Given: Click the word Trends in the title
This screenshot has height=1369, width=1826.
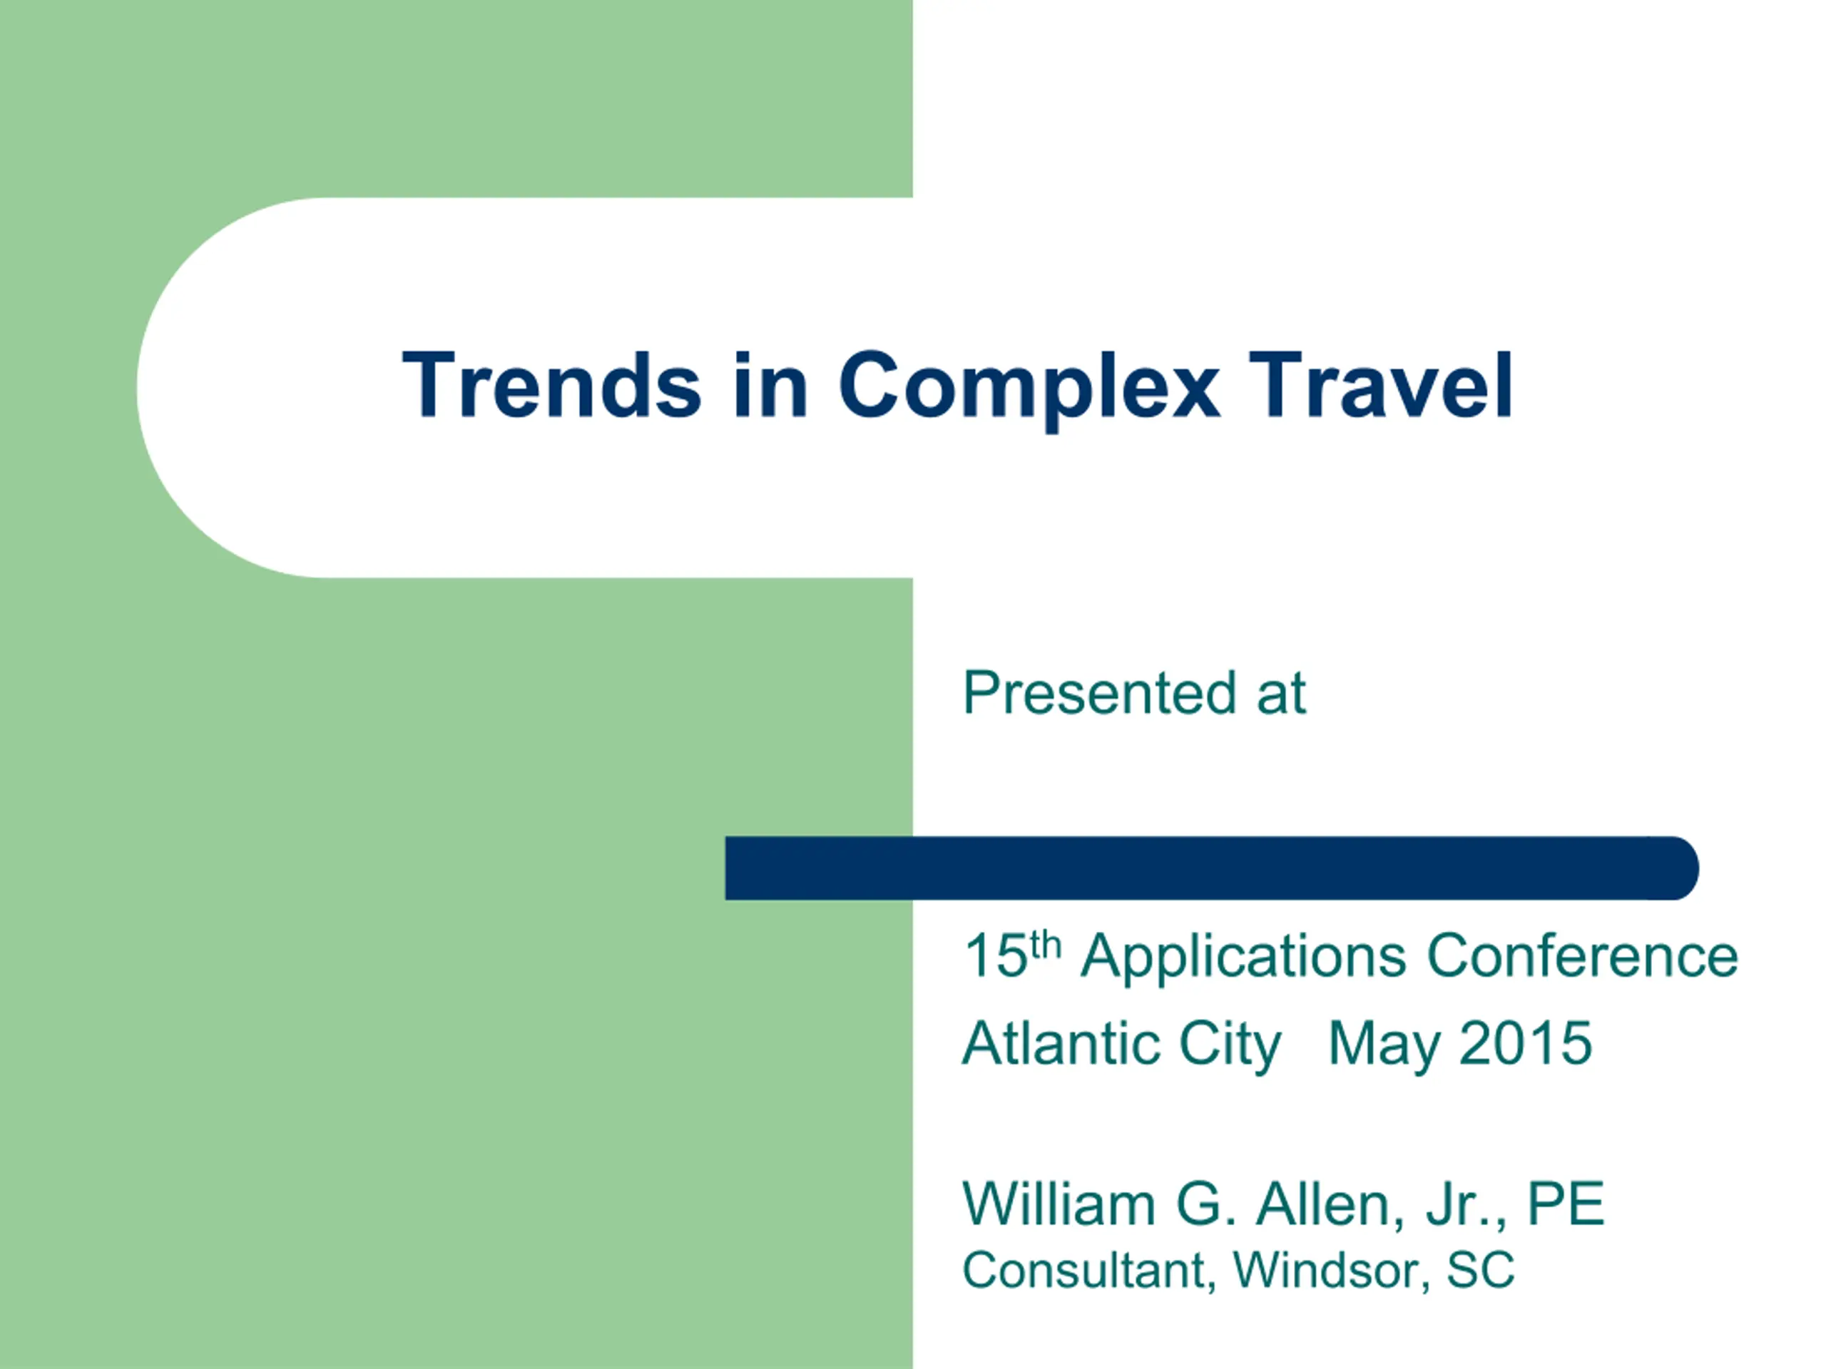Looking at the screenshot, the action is (551, 385).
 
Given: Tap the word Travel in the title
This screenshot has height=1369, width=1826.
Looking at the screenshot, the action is (1381, 384).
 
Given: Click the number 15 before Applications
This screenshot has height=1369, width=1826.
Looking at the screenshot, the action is (996, 957).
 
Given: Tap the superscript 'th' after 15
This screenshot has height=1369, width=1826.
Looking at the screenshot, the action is (1045, 945).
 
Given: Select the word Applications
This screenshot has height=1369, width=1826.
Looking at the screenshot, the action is (1243, 959).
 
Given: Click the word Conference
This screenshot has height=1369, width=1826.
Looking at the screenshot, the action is (1583, 956).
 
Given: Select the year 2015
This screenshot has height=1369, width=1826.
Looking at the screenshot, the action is (1526, 1044).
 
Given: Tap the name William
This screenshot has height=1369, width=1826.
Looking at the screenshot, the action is (1059, 1204).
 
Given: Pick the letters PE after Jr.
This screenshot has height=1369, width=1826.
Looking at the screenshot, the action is (1566, 1204).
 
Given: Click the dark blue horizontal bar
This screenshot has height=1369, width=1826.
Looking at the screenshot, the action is (1212, 868).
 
